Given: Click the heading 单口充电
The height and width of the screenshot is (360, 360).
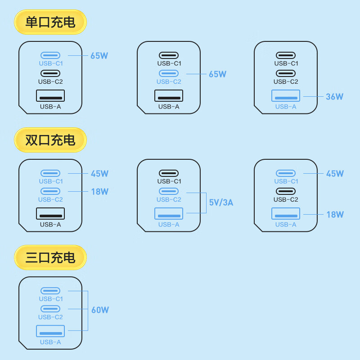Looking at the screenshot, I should pyautogui.click(x=50, y=22).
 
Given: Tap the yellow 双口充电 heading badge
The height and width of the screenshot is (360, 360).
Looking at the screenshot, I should pyautogui.click(x=50, y=140).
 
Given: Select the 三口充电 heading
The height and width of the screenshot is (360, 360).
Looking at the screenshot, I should pyautogui.click(x=50, y=257).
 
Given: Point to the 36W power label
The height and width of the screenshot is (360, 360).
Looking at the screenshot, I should pyautogui.click(x=334, y=96).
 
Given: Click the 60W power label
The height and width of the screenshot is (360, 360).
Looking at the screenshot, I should pyautogui.click(x=100, y=310).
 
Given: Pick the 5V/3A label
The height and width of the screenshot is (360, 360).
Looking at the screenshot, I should pyautogui.click(x=221, y=202).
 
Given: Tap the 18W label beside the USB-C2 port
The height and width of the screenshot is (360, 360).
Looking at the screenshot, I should pyautogui.click(x=99, y=192).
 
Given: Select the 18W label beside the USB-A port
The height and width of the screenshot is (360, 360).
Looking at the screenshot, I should pyautogui.click(x=335, y=214).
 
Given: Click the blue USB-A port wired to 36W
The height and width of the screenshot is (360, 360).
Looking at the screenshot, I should pyautogui.click(x=286, y=96).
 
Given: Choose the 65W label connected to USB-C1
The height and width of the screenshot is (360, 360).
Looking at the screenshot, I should pyautogui.click(x=99, y=56).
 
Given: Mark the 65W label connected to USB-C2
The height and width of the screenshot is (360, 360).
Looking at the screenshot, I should pyautogui.click(x=217, y=74).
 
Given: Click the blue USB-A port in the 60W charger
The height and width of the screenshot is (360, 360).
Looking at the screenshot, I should pyautogui.click(x=50, y=331).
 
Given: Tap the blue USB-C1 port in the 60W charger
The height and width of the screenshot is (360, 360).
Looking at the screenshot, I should pyautogui.click(x=50, y=291).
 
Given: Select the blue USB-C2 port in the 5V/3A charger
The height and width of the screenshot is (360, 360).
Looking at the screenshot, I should pyautogui.click(x=169, y=191).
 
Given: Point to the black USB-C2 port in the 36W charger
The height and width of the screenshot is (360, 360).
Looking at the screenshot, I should pyautogui.click(x=286, y=73).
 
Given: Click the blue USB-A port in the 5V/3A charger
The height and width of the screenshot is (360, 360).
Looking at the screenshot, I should pyautogui.click(x=169, y=213).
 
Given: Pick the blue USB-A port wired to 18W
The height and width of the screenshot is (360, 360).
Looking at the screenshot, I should pyautogui.click(x=286, y=213).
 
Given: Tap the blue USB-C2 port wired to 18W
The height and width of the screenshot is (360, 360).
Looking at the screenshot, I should pyautogui.click(x=50, y=191).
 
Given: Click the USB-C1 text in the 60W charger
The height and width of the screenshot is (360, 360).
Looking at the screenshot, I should pyautogui.click(x=50, y=299).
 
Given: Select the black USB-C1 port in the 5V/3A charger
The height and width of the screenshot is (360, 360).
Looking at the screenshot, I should pyautogui.click(x=169, y=173).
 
